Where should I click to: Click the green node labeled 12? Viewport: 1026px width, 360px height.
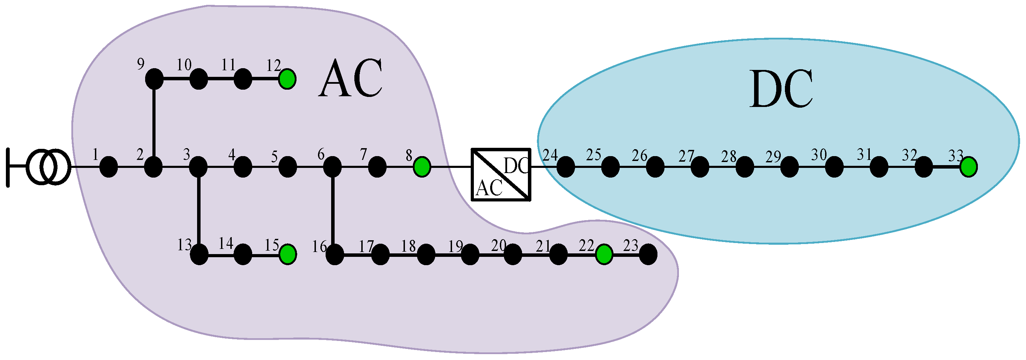(x=287, y=79)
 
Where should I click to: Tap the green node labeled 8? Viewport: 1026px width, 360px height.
(x=422, y=166)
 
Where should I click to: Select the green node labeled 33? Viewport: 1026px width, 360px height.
(x=968, y=167)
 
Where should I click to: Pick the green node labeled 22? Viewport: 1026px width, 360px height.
(x=604, y=254)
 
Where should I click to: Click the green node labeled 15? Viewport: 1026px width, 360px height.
(x=288, y=254)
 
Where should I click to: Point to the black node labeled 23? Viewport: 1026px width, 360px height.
(x=648, y=254)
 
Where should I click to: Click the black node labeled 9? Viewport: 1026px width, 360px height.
(x=154, y=79)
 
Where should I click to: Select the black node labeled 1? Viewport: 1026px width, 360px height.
(x=108, y=166)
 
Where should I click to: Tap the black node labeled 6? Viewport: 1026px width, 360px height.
(x=332, y=166)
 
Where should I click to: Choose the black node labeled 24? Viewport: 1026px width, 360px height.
(x=565, y=166)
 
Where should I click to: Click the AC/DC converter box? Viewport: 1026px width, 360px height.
(x=501, y=174)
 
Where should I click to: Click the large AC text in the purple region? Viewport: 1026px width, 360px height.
(x=351, y=78)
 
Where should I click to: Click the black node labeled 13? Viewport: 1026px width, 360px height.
(x=199, y=254)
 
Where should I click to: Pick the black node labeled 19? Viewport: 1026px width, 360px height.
(x=470, y=254)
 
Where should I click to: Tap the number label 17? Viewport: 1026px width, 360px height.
(x=366, y=246)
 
